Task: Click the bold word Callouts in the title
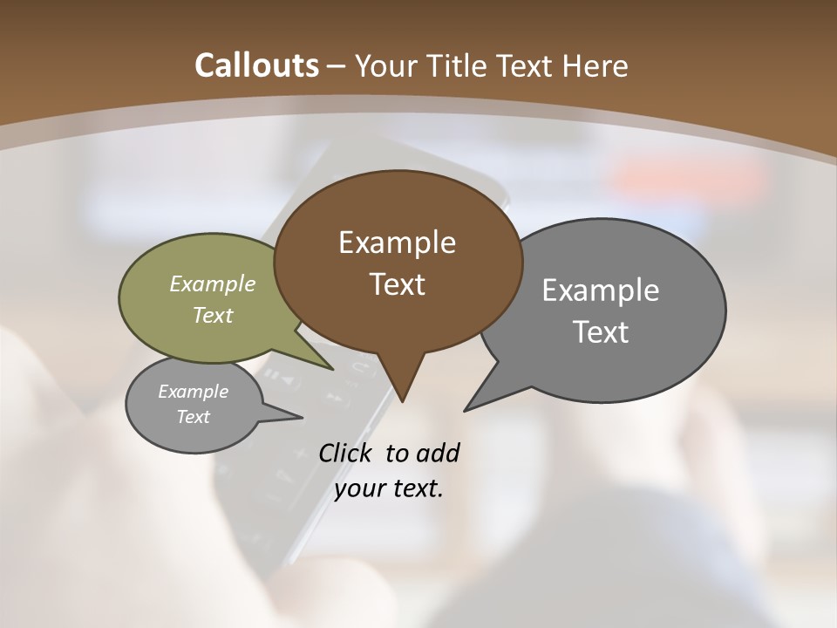tap(257, 65)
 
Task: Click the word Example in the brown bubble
tap(397, 242)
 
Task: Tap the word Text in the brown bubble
tap(398, 284)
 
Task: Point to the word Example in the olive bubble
tap(213, 283)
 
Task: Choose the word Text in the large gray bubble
tap(601, 332)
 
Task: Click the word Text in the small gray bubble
tap(194, 417)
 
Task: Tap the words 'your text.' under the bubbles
tap(389, 489)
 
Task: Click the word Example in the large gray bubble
tap(601, 290)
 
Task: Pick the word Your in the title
tap(384, 65)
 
